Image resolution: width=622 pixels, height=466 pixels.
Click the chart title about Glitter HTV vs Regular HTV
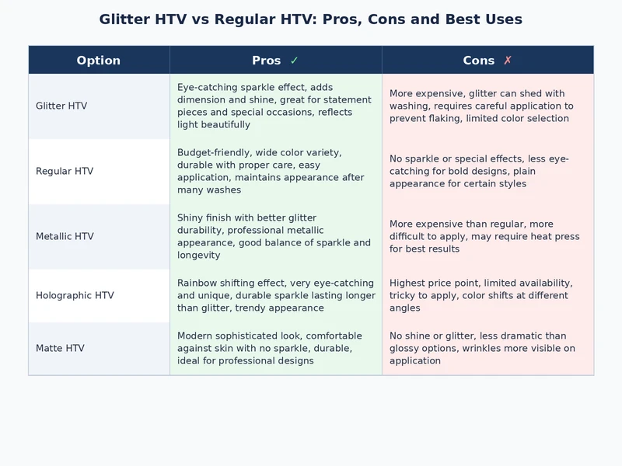[x=311, y=19]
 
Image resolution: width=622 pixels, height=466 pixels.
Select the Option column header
[x=99, y=61]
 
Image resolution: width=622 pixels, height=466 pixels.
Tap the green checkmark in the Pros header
[x=294, y=61]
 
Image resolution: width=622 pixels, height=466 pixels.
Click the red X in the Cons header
[x=508, y=61]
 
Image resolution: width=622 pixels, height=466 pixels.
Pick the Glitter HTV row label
[x=61, y=106]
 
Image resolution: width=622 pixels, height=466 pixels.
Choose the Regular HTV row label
[x=65, y=171]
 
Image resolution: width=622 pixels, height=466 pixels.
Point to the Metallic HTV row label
[x=65, y=236]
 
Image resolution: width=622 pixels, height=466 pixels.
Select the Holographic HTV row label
[x=75, y=295]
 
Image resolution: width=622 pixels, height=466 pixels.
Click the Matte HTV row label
[x=60, y=348]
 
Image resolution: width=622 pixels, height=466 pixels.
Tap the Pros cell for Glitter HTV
[x=275, y=106]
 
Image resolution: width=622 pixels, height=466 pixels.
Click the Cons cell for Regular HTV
[x=487, y=171]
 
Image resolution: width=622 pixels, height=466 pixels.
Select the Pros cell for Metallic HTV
[x=275, y=236]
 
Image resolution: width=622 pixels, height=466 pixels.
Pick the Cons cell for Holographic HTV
[x=487, y=295]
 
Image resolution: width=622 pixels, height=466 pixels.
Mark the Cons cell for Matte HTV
[x=487, y=348]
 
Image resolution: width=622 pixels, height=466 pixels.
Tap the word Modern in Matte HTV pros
[x=196, y=336]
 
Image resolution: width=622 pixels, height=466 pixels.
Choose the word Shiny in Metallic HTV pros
[x=191, y=218]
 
